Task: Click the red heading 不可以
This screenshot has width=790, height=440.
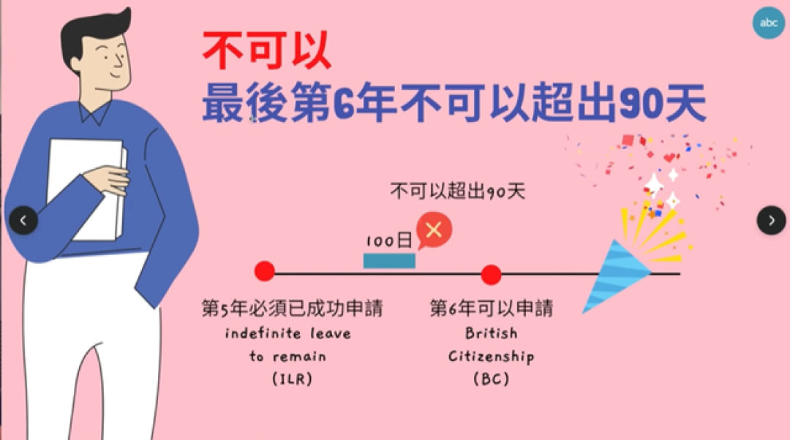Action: click(x=266, y=50)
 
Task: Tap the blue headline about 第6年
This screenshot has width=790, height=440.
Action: click(x=454, y=103)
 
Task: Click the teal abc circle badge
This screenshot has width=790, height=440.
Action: click(x=768, y=23)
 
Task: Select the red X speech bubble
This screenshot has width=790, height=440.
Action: click(x=433, y=230)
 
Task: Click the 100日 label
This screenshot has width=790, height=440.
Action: click(x=389, y=240)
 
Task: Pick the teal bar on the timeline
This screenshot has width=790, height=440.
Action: click(x=389, y=261)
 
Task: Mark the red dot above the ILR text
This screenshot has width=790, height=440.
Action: click(x=265, y=271)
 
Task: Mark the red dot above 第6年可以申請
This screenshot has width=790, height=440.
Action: click(x=491, y=275)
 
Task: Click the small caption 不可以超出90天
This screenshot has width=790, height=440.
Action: click(x=457, y=191)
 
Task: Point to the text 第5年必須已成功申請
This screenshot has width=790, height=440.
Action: click(x=292, y=308)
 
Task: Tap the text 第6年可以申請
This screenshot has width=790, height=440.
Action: click(x=492, y=308)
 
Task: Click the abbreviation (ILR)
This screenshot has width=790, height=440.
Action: click(x=292, y=379)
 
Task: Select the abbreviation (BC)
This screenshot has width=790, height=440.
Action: click(x=492, y=379)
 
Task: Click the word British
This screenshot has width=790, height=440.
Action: click(x=492, y=333)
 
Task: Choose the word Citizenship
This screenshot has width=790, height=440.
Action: click(x=492, y=357)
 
